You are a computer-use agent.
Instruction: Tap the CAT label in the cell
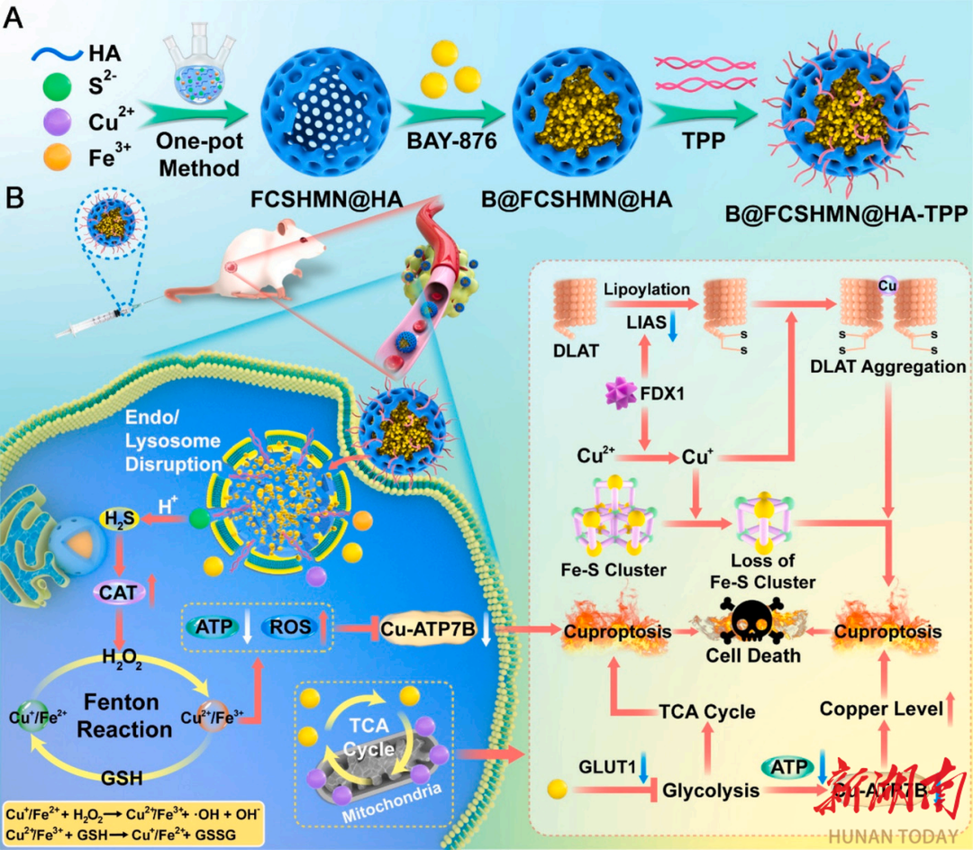coord(123,593)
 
